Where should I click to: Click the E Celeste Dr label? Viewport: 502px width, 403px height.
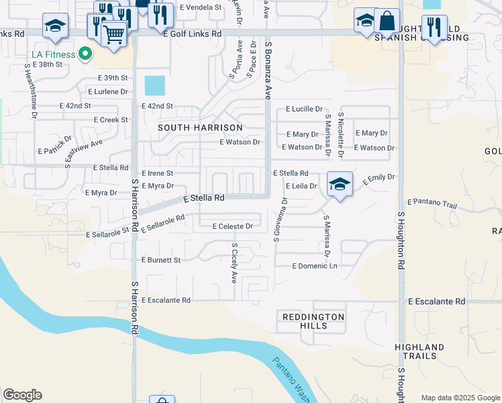(x=232, y=226)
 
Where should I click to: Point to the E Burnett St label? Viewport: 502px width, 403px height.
(x=161, y=259)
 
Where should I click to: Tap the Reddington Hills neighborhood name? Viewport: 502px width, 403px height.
(x=313, y=321)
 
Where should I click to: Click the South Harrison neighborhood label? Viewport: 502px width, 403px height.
(x=191, y=126)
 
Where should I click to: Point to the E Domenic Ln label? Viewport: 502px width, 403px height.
(x=314, y=266)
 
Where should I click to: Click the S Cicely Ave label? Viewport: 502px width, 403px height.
(x=234, y=263)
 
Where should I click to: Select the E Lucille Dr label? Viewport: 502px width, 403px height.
(x=304, y=109)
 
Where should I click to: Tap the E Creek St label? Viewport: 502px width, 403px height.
(x=111, y=120)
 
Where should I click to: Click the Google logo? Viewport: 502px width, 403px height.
(x=22, y=395)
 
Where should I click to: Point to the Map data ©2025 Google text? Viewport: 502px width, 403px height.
(x=460, y=398)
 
